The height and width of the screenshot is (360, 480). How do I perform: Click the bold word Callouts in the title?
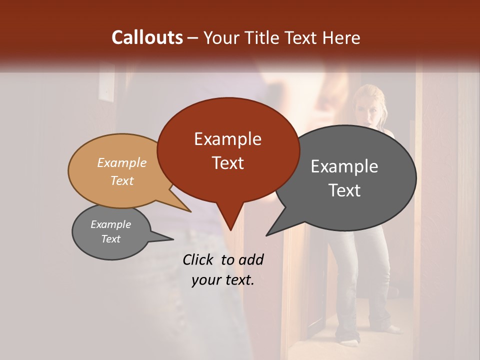pyautogui.click(x=147, y=37)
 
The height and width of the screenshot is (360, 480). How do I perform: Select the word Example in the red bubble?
pyautogui.click(x=227, y=139)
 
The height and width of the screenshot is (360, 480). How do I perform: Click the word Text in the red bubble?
pyautogui.click(x=227, y=163)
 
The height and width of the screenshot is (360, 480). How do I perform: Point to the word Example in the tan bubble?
pyautogui.click(x=121, y=162)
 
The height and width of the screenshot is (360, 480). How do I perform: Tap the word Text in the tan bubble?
pyautogui.click(x=121, y=180)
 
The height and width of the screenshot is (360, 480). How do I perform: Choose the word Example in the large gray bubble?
pyautogui.click(x=344, y=166)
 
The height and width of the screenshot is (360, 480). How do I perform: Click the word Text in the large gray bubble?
pyautogui.click(x=344, y=190)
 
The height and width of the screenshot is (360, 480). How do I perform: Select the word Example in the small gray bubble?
pyautogui.click(x=110, y=224)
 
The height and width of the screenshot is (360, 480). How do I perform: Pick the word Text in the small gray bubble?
pyautogui.click(x=110, y=239)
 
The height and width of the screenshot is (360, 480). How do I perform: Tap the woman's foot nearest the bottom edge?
pyautogui.click(x=351, y=342)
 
